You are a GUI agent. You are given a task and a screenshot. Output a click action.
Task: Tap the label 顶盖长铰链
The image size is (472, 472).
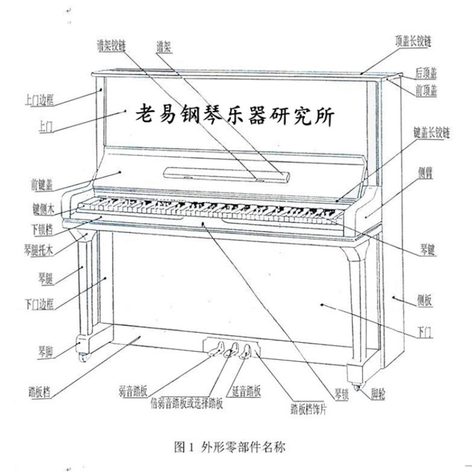414,42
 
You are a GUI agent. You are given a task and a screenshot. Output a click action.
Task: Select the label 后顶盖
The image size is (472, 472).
425,74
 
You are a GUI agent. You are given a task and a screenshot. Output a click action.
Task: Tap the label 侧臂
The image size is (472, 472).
426,172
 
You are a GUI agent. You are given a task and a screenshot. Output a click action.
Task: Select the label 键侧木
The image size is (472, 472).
43,209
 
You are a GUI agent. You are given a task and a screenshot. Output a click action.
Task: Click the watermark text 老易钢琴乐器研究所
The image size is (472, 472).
234,114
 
